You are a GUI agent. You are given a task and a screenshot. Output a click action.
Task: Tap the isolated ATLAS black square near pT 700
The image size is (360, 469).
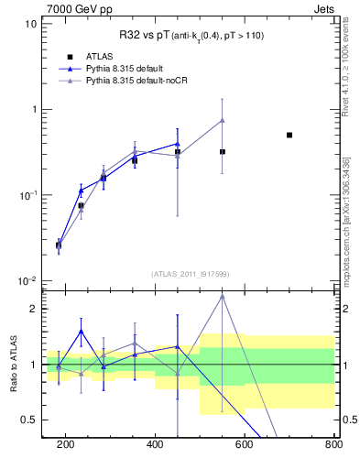289,135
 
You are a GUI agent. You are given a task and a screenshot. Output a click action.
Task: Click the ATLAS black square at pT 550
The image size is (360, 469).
223,152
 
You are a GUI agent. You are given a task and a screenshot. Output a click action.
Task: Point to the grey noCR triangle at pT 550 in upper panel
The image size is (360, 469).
223,120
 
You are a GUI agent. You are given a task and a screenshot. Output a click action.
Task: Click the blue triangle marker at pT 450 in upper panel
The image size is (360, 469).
178,144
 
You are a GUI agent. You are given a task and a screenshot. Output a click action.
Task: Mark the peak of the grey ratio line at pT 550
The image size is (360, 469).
223,296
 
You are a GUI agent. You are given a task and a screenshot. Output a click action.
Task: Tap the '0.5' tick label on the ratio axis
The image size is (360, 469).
29,420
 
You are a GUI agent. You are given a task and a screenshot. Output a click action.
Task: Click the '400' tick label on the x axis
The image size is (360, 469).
155,445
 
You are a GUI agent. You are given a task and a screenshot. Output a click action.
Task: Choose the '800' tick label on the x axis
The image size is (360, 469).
332,445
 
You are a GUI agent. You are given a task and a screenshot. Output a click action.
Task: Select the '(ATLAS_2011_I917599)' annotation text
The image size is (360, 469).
190,273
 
